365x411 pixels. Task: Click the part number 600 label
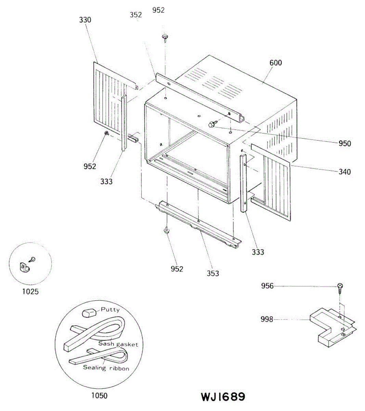(x=276, y=63)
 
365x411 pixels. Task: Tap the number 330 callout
(x=85, y=20)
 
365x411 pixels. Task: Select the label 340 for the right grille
(x=344, y=172)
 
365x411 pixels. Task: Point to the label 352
(x=136, y=15)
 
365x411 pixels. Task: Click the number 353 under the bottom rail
(x=213, y=273)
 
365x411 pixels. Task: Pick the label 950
(x=344, y=143)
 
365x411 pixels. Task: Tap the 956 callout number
(x=267, y=286)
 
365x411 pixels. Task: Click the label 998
(x=267, y=319)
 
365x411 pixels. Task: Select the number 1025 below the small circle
(x=30, y=291)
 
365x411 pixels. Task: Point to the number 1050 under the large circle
(x=99, y=396)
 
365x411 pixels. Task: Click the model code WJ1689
(x=223, y=397)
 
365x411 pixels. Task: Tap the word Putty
(x=110, y=310)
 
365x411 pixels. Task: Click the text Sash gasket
(x=118, y=344)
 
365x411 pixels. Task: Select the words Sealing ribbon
(x=106, y=368)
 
